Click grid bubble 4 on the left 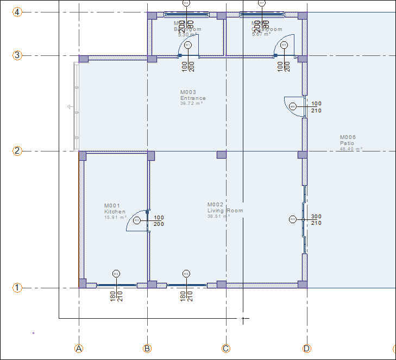(17, 12)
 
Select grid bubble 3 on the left (17, 55)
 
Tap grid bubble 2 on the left (17, 151)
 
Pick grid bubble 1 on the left (17, 288)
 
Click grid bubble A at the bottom (79, 349)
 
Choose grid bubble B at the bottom (147, 349)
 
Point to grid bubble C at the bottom (226, 349)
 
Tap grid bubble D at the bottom (307, 349)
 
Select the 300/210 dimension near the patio (316, 219)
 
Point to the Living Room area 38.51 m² (218, 216)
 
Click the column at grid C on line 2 (222, 155)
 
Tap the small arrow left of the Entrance (70, 107)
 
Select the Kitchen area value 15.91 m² (115, 217)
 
